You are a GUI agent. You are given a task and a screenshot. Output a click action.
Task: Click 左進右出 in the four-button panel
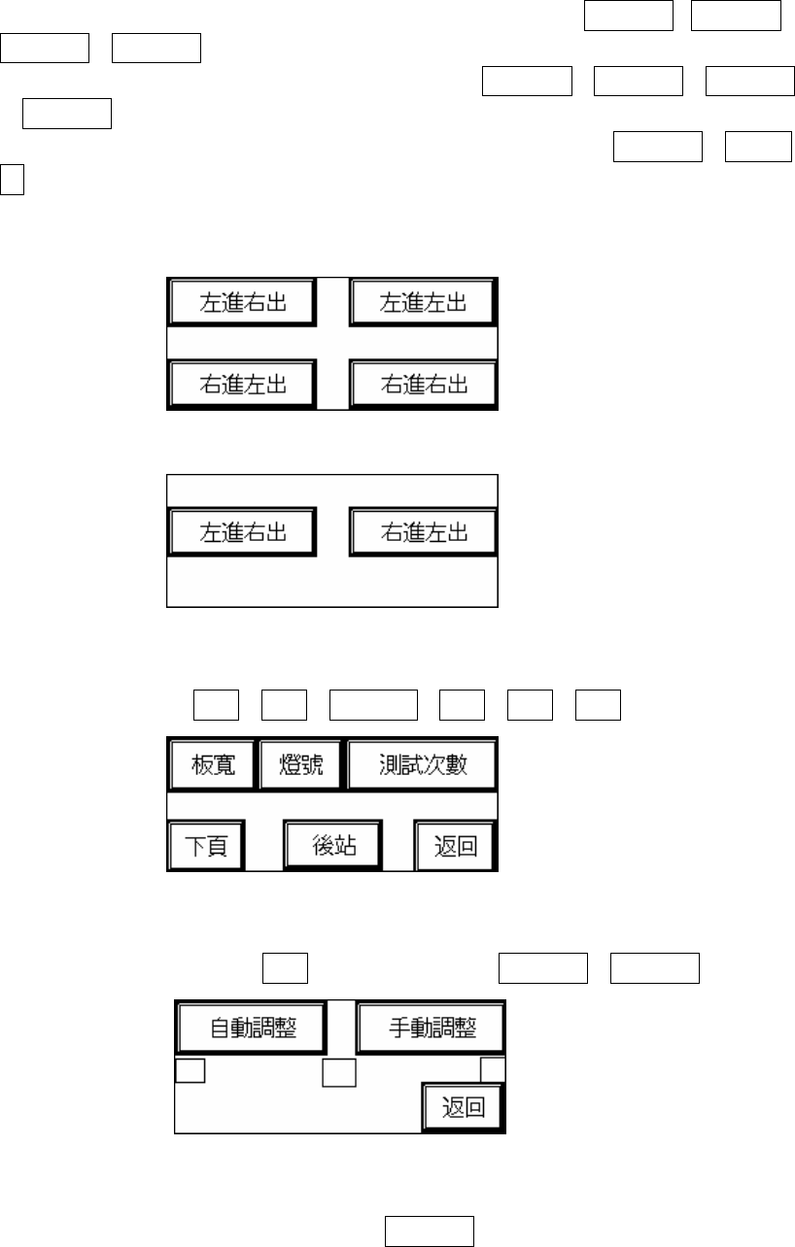(x=243, y=303)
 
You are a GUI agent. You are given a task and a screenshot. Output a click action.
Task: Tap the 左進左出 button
(x=423, y=303)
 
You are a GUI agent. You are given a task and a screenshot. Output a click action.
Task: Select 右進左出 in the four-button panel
(x=243, y=384)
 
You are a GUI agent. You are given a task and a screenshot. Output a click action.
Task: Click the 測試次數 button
(x=423, y=765)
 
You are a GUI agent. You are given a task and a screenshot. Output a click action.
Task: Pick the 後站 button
(x=332, y=845)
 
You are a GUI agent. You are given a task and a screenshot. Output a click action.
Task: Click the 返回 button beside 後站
(x=454, y=846)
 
